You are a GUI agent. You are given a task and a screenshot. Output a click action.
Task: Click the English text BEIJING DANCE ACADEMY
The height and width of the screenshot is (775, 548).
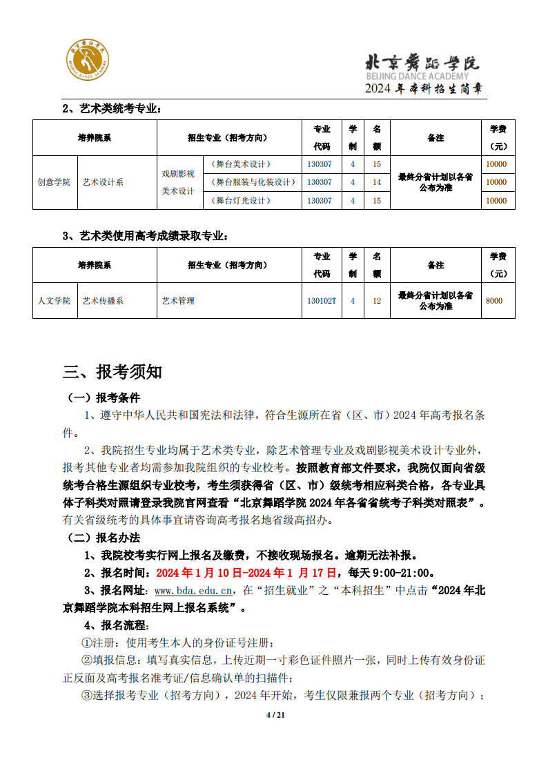(422, 75)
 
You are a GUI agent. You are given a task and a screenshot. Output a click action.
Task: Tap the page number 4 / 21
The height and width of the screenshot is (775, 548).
(275, 714)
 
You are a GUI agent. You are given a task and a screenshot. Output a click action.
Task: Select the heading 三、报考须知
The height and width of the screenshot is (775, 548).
(112, 372)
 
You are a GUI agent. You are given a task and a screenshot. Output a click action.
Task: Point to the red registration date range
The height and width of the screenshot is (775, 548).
(246, 573)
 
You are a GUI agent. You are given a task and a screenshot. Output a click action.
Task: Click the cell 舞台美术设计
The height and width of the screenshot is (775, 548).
(241, 164)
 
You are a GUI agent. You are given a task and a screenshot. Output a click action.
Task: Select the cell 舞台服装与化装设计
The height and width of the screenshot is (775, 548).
(253, 182)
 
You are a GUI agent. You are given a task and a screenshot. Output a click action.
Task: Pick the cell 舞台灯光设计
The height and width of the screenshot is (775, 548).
(241, 201)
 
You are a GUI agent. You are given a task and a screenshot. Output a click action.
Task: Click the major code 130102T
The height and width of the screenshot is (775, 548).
(322, 301)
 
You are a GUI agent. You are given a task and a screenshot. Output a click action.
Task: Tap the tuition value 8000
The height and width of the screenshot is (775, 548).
(494, 301)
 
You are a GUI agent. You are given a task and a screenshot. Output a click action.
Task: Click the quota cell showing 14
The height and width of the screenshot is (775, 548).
(377, 182)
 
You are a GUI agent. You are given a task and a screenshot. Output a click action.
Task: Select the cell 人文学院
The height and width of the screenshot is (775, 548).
(54, 301)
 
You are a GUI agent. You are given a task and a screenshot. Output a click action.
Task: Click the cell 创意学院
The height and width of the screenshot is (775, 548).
(54, 182)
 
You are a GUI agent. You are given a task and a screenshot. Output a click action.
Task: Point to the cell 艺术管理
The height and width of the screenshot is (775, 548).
(178, 301)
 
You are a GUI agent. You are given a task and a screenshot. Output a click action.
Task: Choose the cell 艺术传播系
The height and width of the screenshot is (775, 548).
(103, 301)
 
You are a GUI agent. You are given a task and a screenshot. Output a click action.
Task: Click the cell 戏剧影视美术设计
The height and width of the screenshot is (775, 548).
(178, 182)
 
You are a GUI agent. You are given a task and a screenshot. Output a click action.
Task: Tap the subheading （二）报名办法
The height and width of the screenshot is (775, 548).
(103, 538)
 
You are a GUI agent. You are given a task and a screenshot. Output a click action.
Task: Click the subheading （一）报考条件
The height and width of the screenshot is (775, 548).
(103, 398)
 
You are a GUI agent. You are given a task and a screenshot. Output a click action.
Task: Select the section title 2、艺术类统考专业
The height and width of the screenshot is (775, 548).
(112, 108)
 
